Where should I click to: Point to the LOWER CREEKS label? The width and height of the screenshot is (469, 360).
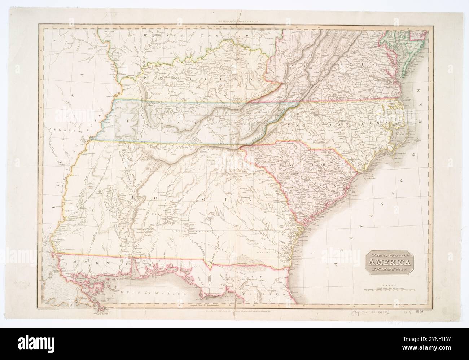pos(184,231)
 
